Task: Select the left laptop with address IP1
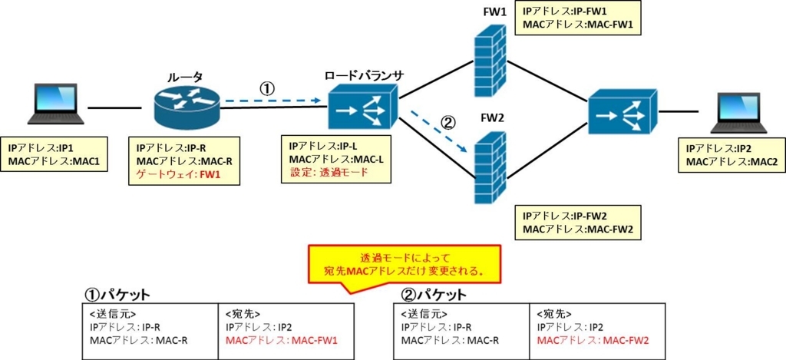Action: (x=56, y=104)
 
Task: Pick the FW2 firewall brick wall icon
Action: (x=490, y=168)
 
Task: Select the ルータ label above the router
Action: (x=186, y=78)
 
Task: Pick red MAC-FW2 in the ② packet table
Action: (x=626, y=341)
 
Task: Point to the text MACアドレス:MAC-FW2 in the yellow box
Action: (x=577, y=230)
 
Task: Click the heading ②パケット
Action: (x=434, y=294)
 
